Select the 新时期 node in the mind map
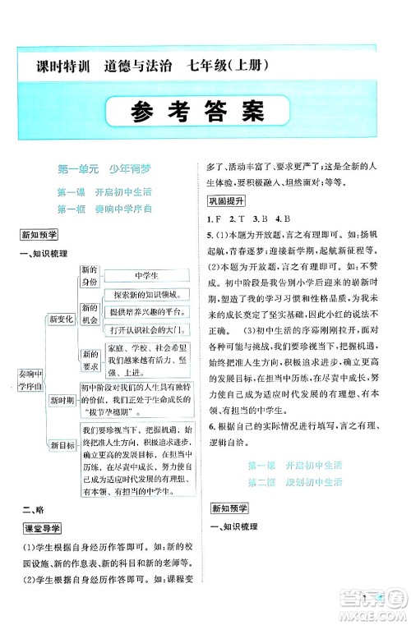point(63,400)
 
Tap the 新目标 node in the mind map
point(63,444)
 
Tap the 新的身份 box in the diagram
point(89,276)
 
